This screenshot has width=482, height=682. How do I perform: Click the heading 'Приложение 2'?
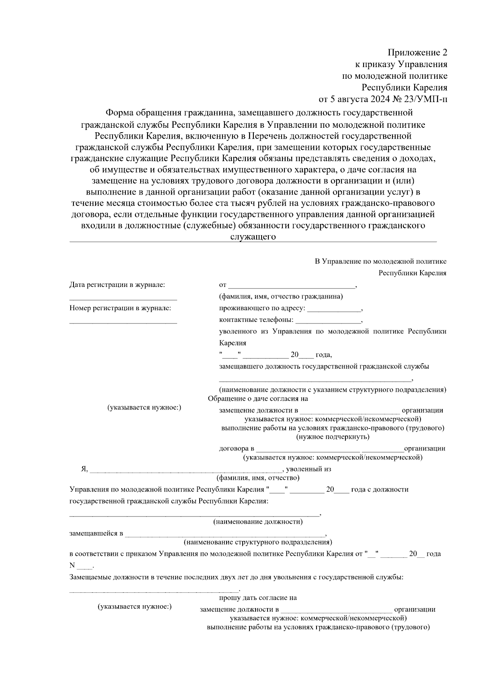(417, 53)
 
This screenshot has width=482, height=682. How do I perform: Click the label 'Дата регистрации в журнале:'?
(117, 285)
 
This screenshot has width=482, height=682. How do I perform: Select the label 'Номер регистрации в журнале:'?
(120, 308)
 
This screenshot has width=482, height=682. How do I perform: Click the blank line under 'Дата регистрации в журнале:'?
(123, 299)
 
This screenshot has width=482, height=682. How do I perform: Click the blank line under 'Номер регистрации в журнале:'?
(123, 322)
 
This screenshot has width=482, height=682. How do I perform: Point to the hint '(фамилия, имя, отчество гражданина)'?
(281, 297)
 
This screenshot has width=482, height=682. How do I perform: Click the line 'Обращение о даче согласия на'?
(258, 399)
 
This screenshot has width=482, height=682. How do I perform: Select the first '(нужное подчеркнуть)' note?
(333, 437)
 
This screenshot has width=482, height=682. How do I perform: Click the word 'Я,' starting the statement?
(84, 469)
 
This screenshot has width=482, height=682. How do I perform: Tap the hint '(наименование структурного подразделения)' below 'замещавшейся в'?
(258, 542)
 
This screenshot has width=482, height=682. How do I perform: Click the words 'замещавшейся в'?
(96, 533)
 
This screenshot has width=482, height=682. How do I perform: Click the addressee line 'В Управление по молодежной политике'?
(380, 262)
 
